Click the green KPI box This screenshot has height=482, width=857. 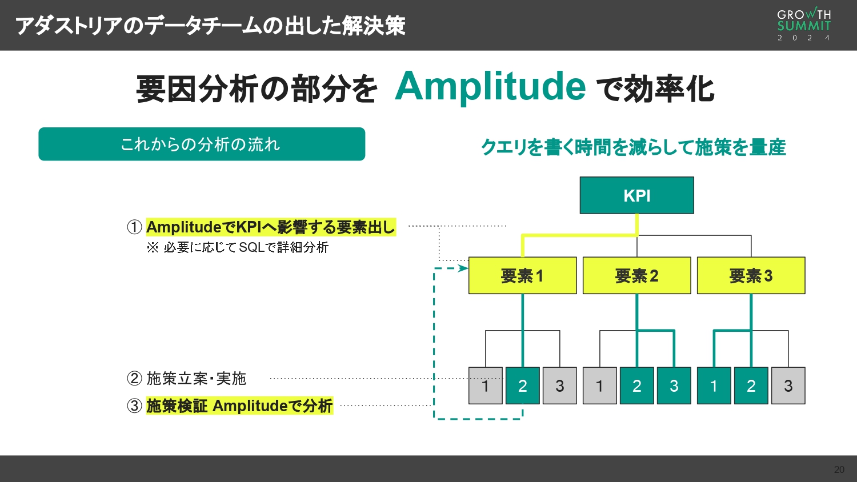(x=636, y=195)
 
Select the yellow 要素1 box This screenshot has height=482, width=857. (x=522, y=276)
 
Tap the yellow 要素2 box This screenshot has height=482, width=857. (x=636, y=276)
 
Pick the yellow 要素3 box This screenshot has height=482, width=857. (x=751, y=276)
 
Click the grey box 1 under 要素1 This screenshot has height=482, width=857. (x=485, y=386)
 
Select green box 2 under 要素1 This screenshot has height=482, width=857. (x=522, y=386)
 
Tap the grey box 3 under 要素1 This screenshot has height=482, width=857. (x=559, y=386)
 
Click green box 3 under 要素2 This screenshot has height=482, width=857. (x=674, y=386)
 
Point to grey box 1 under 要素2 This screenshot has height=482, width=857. (x=599, y=386)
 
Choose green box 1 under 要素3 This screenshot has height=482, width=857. (x=714, y=386)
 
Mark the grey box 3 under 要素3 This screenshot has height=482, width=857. (x=788, y=386)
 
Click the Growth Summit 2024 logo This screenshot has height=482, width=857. (x=803, y=25)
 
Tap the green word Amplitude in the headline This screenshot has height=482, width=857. (x=490, y=87)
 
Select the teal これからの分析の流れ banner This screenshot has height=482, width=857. (x=201, y=144)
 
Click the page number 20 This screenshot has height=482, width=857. (x=839, y=469)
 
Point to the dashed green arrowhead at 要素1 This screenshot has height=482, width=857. (x=463, y=268)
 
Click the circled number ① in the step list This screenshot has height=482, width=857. (x=134, y=227)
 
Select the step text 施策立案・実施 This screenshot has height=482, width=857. (x=196, y=379)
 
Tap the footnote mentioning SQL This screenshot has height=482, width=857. (x=238, y=247)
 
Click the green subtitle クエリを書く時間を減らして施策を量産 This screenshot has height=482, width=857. (x=633, y=147)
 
